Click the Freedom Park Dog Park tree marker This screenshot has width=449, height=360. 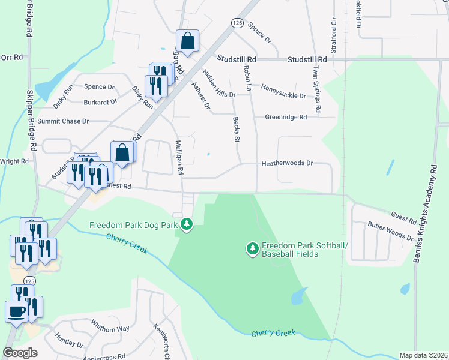click(x=187, y=224)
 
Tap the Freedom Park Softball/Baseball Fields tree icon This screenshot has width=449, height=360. click(x=253, y=247)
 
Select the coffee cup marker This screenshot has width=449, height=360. click(x=16, y=311)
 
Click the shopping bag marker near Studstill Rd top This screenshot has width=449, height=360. click(x=187, y=42)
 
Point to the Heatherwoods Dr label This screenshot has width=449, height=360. click(x=287, y=163)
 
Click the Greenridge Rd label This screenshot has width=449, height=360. click(x=286, y=117)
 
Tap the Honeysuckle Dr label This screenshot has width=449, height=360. click(x=283, y=91)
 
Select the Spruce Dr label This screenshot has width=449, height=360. click(x=259, y=33)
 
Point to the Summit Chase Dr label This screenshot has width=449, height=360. click(x=63, y=121)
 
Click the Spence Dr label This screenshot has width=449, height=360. click(x=99, y=87)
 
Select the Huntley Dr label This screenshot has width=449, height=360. click(x=68, y=340)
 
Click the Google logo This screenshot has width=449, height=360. click(x=20, y=353)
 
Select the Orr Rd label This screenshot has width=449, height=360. click(x=11, y=58)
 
